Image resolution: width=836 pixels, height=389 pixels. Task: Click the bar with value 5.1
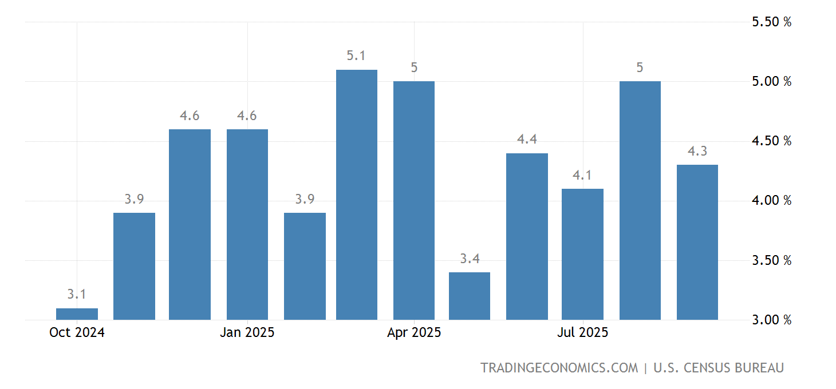click(x=357, y=194)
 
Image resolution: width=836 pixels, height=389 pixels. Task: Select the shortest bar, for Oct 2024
click(x=77, y=314)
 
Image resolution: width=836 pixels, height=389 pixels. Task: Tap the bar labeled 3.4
click(x=470, y=296)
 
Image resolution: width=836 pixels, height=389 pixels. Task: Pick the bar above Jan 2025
click(x=247, y=224)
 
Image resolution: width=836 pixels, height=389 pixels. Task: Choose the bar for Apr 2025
click(x=414, y=200)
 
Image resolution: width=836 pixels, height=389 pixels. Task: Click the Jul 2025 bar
click(x=582, y=254)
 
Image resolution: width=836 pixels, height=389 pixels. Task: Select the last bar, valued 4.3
click(x=697, y=242)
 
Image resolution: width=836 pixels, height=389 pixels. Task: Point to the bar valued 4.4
click(x=527, y=236)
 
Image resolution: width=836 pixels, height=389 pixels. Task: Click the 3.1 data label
click(x=77, y=295)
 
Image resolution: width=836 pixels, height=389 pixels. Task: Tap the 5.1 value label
click(x=356, y=56)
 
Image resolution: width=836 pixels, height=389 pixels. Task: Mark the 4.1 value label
click(x=582, y=176)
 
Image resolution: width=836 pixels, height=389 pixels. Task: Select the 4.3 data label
click(x=697, y=152)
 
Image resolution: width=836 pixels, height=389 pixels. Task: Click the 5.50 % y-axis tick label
click(x=771, y=22)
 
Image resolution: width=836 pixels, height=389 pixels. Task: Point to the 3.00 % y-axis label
click(x=771, y=320)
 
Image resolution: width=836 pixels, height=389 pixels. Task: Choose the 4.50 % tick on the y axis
click(x=771, y=141)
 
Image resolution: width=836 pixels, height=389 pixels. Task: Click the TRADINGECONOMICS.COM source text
click(x=559, y=368)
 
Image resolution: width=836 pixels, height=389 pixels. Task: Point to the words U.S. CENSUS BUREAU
click(x=719, y=368)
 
